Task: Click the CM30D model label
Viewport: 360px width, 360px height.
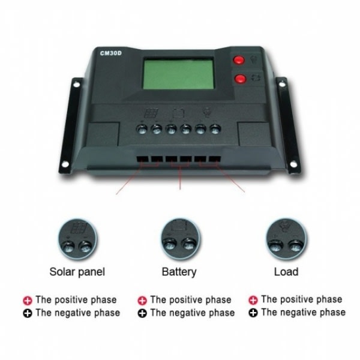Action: tap(110, 53)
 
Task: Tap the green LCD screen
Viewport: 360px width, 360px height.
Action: tap(179, 73)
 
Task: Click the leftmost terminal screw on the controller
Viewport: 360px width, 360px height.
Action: tap(142, 129)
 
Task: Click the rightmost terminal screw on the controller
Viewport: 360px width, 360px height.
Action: tap(215, 129)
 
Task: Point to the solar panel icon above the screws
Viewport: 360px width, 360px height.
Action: tap(151, 113)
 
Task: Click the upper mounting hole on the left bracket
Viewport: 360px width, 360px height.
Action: tap(77, 85)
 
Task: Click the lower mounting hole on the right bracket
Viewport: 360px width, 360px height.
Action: tap(293, 164)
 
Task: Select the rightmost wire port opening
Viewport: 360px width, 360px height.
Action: tap(215, 158)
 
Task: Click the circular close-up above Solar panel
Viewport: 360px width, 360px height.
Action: tap(77, 239)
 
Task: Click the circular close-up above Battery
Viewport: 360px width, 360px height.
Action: tap(180, 239)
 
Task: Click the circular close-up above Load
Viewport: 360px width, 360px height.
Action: tap(286, 239)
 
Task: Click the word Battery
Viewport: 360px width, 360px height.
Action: tap(179, 272)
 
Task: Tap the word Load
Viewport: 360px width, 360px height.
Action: tap(286, 272)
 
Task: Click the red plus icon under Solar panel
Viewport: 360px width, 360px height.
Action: tap(28, 301)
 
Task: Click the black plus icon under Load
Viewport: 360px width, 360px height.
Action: tap(253, 313)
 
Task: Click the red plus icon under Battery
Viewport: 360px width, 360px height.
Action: tap(142, 301)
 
